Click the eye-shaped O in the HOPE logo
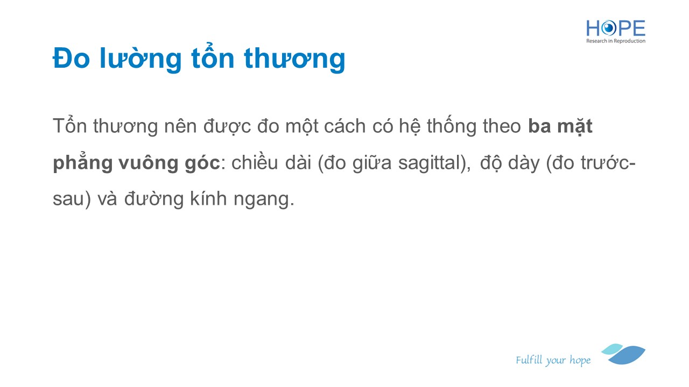tap(609, 28)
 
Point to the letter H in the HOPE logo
tap(593, 28)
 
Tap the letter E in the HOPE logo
tap(638, 28)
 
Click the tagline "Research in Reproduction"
tap(616, 41)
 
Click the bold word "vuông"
tap(149, 162)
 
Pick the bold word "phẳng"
tap(82, 162)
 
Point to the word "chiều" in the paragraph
tap(255, 162)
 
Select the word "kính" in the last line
tap(208, 198)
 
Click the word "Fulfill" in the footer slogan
tap(529, 360)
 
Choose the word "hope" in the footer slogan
tap(580, 360)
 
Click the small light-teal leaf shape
tap(612, 349)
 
